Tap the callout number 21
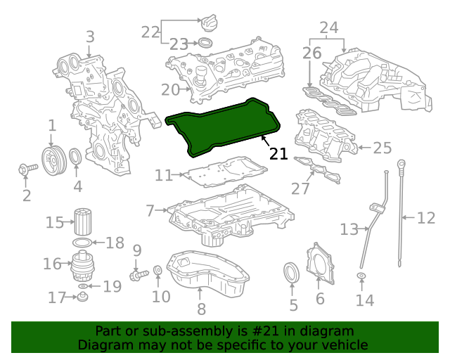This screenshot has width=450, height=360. tap(278, 153)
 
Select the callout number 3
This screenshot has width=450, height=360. tap(90, 37)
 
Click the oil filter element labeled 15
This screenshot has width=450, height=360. tap(82, 223)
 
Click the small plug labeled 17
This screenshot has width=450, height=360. tap(82, 299)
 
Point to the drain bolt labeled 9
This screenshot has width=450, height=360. tap(138, 271)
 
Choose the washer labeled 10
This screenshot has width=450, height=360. tap(157, 271)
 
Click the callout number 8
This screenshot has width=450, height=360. tap(201, 308)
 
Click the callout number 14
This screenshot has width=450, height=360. tap(364, 301)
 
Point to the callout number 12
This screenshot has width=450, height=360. tap(426, 218)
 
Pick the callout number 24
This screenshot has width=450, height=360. tap(329, 28)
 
